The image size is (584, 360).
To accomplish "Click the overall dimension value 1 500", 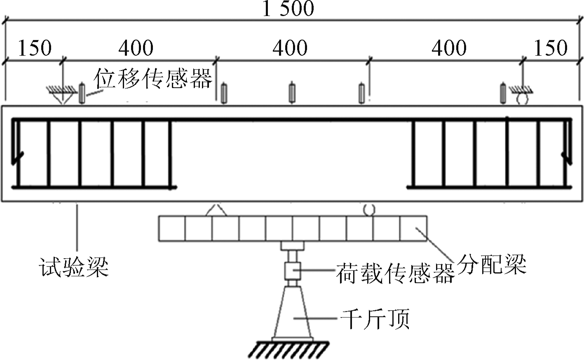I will [x=288, y=9].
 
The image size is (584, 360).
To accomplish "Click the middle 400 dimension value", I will [x=290, y=48].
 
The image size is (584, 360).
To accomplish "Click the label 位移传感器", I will [x=153, y=78].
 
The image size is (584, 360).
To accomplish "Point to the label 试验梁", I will [x=74, y=267].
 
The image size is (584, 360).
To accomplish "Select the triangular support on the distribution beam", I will [x=217, y=210].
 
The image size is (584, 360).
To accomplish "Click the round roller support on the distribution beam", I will [x=369, y=210].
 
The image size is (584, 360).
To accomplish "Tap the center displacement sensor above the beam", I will [x=292, y=93].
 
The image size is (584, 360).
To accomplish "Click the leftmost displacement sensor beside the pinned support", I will [x=82, y=94].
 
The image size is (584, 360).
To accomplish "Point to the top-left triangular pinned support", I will [x=62, y=96].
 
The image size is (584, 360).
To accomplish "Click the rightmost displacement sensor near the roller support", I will [x=503, y=93].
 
